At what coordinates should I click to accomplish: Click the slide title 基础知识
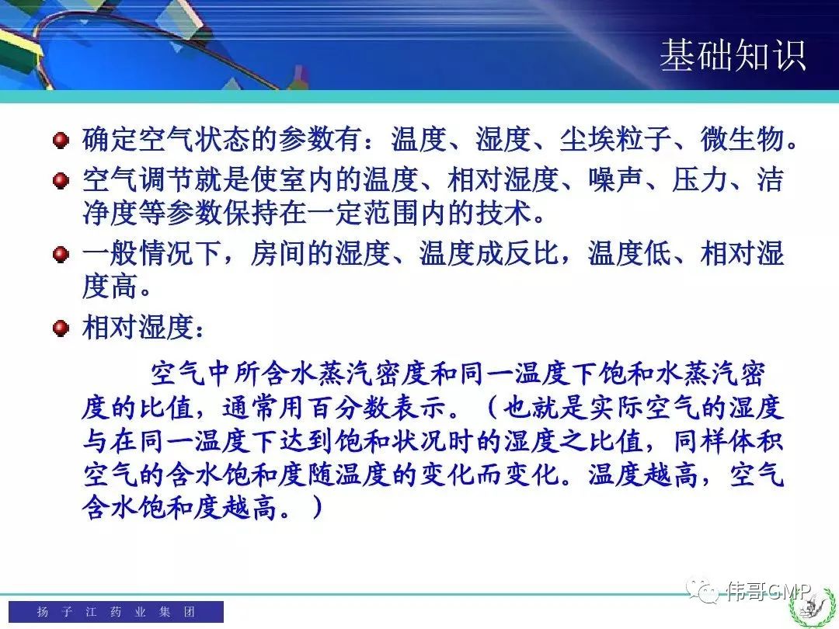[x=733, y=56]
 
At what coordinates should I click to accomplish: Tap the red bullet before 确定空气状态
[x=61, y=140]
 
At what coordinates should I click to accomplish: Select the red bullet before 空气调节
[x=61, y=180]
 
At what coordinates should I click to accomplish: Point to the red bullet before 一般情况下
[x=61, y=253]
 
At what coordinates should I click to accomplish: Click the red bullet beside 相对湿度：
[x=61, y=327]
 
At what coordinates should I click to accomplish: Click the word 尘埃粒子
[x=616, y=139]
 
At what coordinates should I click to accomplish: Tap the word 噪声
[x=616, y=179]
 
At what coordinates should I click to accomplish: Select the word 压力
[x=700, y=179]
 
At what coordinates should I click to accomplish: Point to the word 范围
[x=391, y=212]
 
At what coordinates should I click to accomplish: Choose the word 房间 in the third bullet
[x=279, y=253]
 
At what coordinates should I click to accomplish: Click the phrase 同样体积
[x=729, y=441]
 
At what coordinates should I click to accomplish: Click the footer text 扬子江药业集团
[x=116, y=611]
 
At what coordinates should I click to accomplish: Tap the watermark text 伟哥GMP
[x=768, y=590]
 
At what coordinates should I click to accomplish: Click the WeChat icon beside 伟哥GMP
[x=702, y=590]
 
